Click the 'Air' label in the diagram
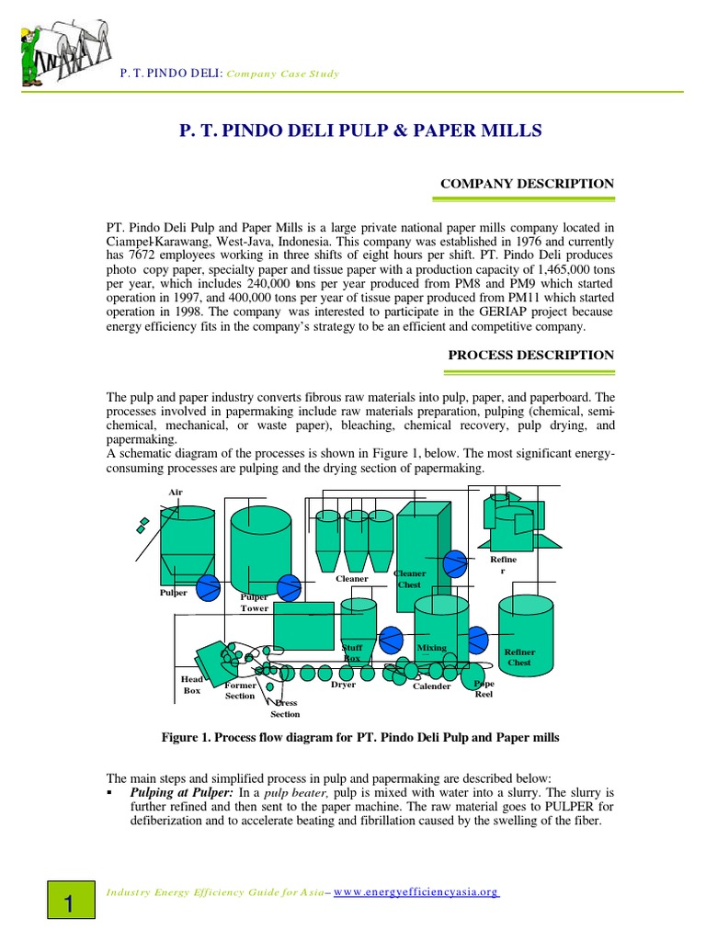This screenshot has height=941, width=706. coord(175,492)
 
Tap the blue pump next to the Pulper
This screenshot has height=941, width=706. coord(208,585)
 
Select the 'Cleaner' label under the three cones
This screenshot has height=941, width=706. coord(351,578)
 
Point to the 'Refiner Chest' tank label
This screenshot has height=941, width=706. coord(519,657)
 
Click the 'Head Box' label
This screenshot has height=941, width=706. coord(191,685)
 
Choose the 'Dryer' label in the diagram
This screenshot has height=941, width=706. coord(343,685)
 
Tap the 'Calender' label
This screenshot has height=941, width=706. coord(431,686)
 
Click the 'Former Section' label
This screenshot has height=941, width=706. coord(240,690)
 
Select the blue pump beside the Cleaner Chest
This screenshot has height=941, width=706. coord(454,562)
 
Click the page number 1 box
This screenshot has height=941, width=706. coord(69,903)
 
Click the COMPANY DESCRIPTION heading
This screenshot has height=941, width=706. coord(527,184)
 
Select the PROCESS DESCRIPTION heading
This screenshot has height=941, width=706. coord(530,355)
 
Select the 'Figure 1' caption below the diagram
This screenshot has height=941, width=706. coord(359,738)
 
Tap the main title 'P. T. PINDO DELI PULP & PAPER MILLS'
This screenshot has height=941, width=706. coord(359,131)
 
